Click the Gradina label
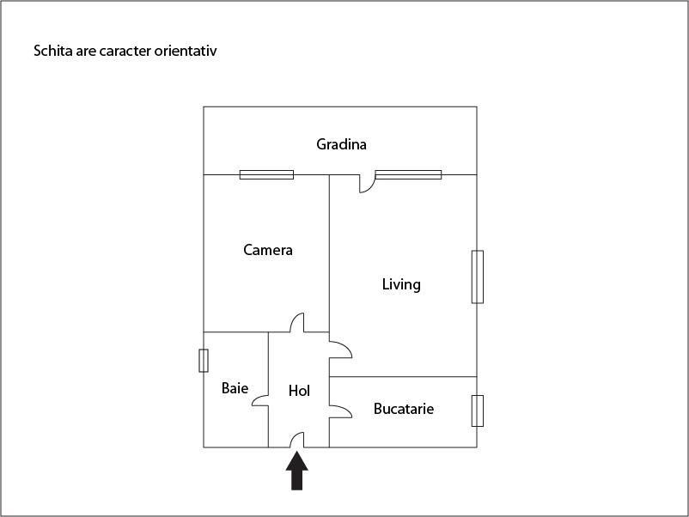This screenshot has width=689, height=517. click(341, 144)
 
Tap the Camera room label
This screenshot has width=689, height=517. click(268, 250)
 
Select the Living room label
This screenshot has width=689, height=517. click(401, 284)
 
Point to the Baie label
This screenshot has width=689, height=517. click(235, 388)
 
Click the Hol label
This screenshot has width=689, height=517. click(299, 391)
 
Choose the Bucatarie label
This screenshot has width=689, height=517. click(404, 409)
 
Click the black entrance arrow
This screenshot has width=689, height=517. click(297, 471)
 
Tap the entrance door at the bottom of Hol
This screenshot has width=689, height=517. click(297, 440)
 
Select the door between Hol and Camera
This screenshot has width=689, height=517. click(297, 322)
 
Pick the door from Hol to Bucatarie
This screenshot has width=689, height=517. click(340, 411)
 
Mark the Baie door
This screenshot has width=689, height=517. click(260, 400)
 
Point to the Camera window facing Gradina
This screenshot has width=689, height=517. click(266, 175)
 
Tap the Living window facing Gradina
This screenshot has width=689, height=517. click(408, 175)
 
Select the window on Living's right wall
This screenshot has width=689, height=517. click(478, 277)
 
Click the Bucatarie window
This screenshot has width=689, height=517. click(478, 411)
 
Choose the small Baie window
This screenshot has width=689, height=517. click(204, 361)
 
